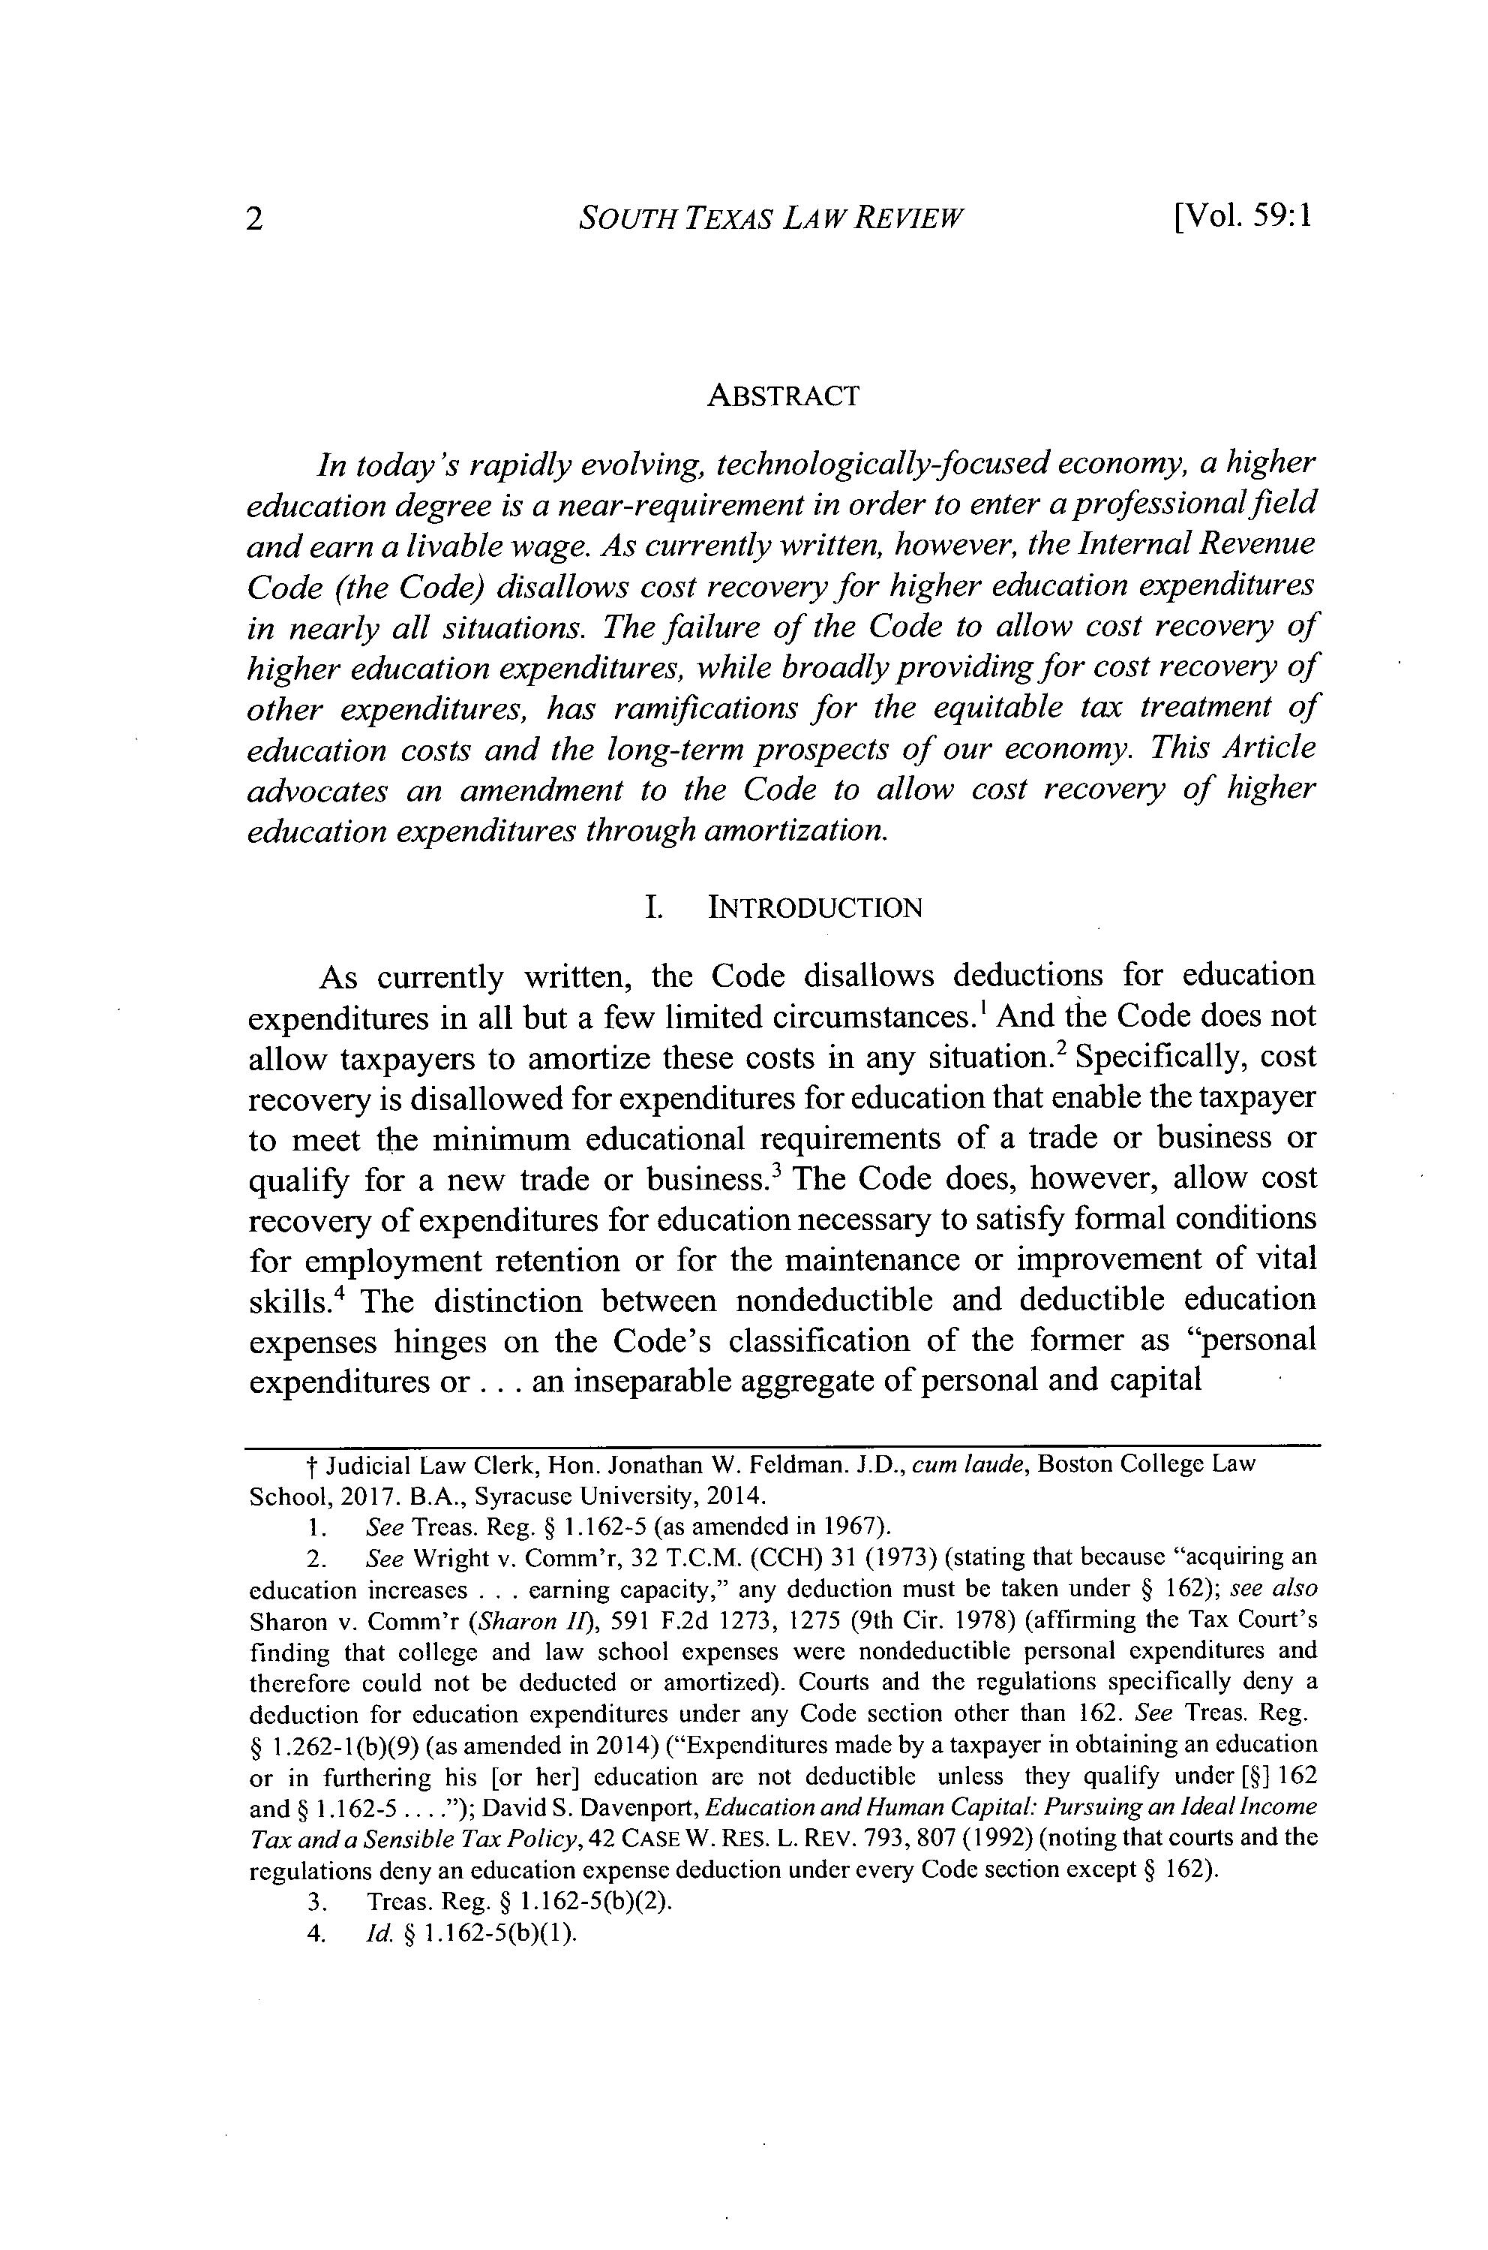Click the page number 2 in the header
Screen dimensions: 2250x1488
254,219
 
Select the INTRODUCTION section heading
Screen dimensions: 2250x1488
815,909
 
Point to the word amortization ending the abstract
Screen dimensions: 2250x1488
795,831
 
